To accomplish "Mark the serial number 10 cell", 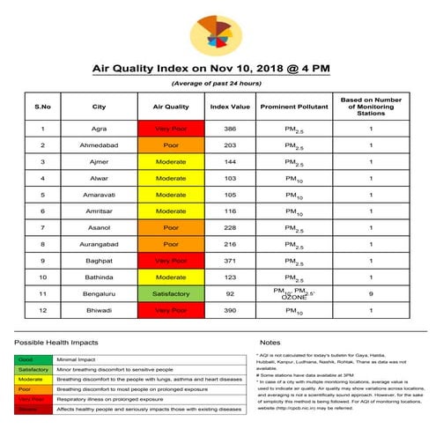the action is [x=42, y=277].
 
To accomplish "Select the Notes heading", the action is [x=270, y=342].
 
